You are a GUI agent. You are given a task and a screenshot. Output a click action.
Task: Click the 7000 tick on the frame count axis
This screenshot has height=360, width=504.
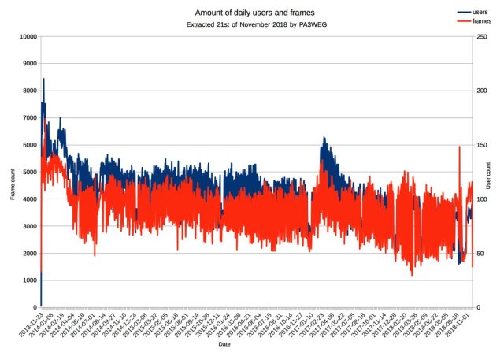tap(29, 117)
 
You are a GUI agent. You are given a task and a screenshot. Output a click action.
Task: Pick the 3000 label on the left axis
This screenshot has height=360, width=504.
tap(29, 226)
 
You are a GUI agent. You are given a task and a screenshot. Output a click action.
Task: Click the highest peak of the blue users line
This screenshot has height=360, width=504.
tap(43, 79)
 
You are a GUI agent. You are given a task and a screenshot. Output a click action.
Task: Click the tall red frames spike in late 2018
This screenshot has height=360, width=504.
tap(459, 147)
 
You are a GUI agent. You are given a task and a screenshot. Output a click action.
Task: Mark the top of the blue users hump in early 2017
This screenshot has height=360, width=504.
tap(323, 138)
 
